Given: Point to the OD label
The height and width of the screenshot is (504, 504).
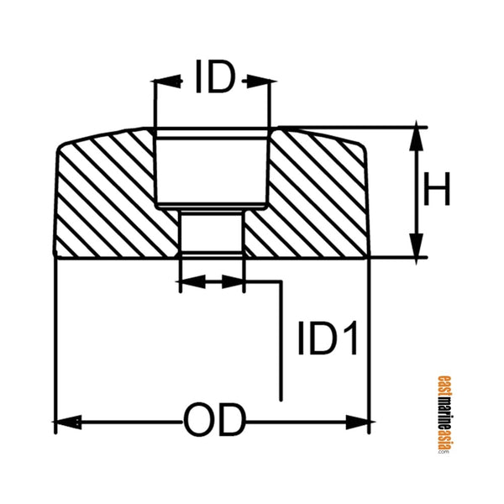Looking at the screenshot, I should pos(213,418).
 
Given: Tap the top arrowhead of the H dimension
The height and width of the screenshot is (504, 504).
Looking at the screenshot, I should pos(415,136).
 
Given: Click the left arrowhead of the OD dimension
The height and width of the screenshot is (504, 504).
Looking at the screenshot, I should pos(64,418).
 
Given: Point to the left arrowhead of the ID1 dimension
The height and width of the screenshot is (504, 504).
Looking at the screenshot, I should pos(189,281).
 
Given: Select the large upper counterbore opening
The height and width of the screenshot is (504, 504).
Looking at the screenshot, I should pos(211,168).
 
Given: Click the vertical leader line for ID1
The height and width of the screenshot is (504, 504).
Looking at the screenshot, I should pos(281,344).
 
